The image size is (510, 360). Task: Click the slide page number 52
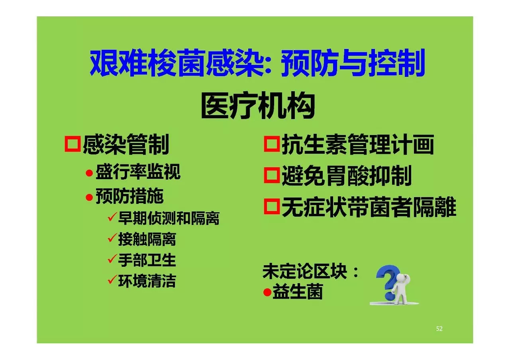[439, 329]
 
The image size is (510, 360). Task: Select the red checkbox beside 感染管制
[73, 144]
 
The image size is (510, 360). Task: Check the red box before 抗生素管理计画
[272, 144]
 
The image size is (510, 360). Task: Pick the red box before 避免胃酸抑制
[272, 175]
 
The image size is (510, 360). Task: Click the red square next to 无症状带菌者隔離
[272, 206]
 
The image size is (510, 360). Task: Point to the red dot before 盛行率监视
[89, 173]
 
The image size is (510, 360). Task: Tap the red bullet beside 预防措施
[89, 197]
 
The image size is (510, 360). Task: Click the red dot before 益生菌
[267, 292]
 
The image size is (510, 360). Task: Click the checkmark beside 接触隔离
[112, 238]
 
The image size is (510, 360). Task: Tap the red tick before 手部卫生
[112, 259]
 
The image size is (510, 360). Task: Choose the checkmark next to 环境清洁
[112, 280]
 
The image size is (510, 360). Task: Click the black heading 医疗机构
[258, 106]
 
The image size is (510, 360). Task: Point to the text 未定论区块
[305, 271]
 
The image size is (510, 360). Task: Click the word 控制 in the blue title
[396, 63]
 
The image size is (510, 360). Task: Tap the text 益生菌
[298, 292]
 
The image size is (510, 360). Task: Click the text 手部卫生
[147, 260]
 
